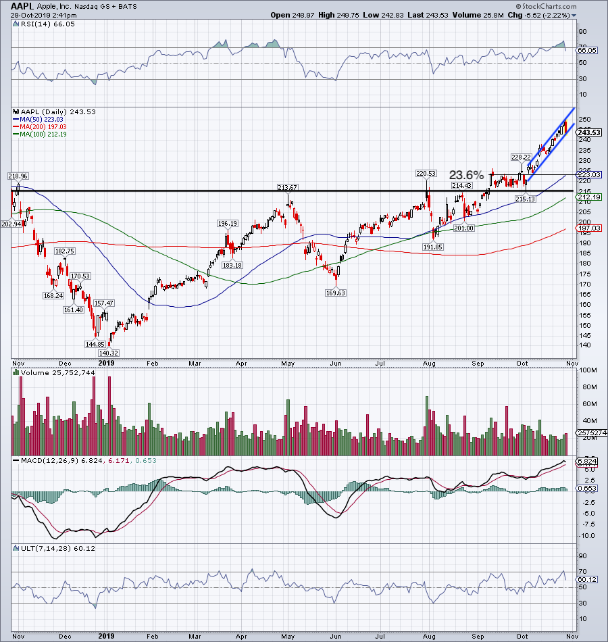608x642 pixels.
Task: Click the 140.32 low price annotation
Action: (x=108, y=353)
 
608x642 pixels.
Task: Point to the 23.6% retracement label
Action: (x=467, y=175)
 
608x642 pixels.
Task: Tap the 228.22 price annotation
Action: (x=520, y=157)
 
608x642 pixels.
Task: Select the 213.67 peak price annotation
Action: (x=288, y=187)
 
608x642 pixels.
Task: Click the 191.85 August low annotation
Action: (x=432, y=247)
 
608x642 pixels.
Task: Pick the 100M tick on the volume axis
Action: (x=586, y=371)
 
